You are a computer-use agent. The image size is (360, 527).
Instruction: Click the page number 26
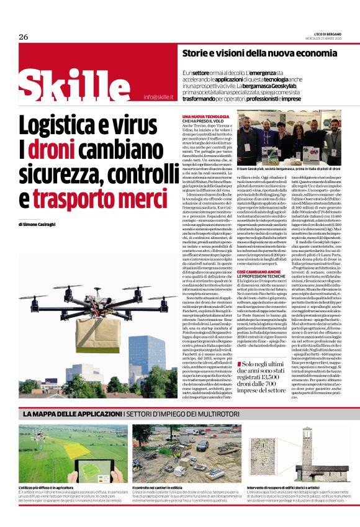point(24,37)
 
